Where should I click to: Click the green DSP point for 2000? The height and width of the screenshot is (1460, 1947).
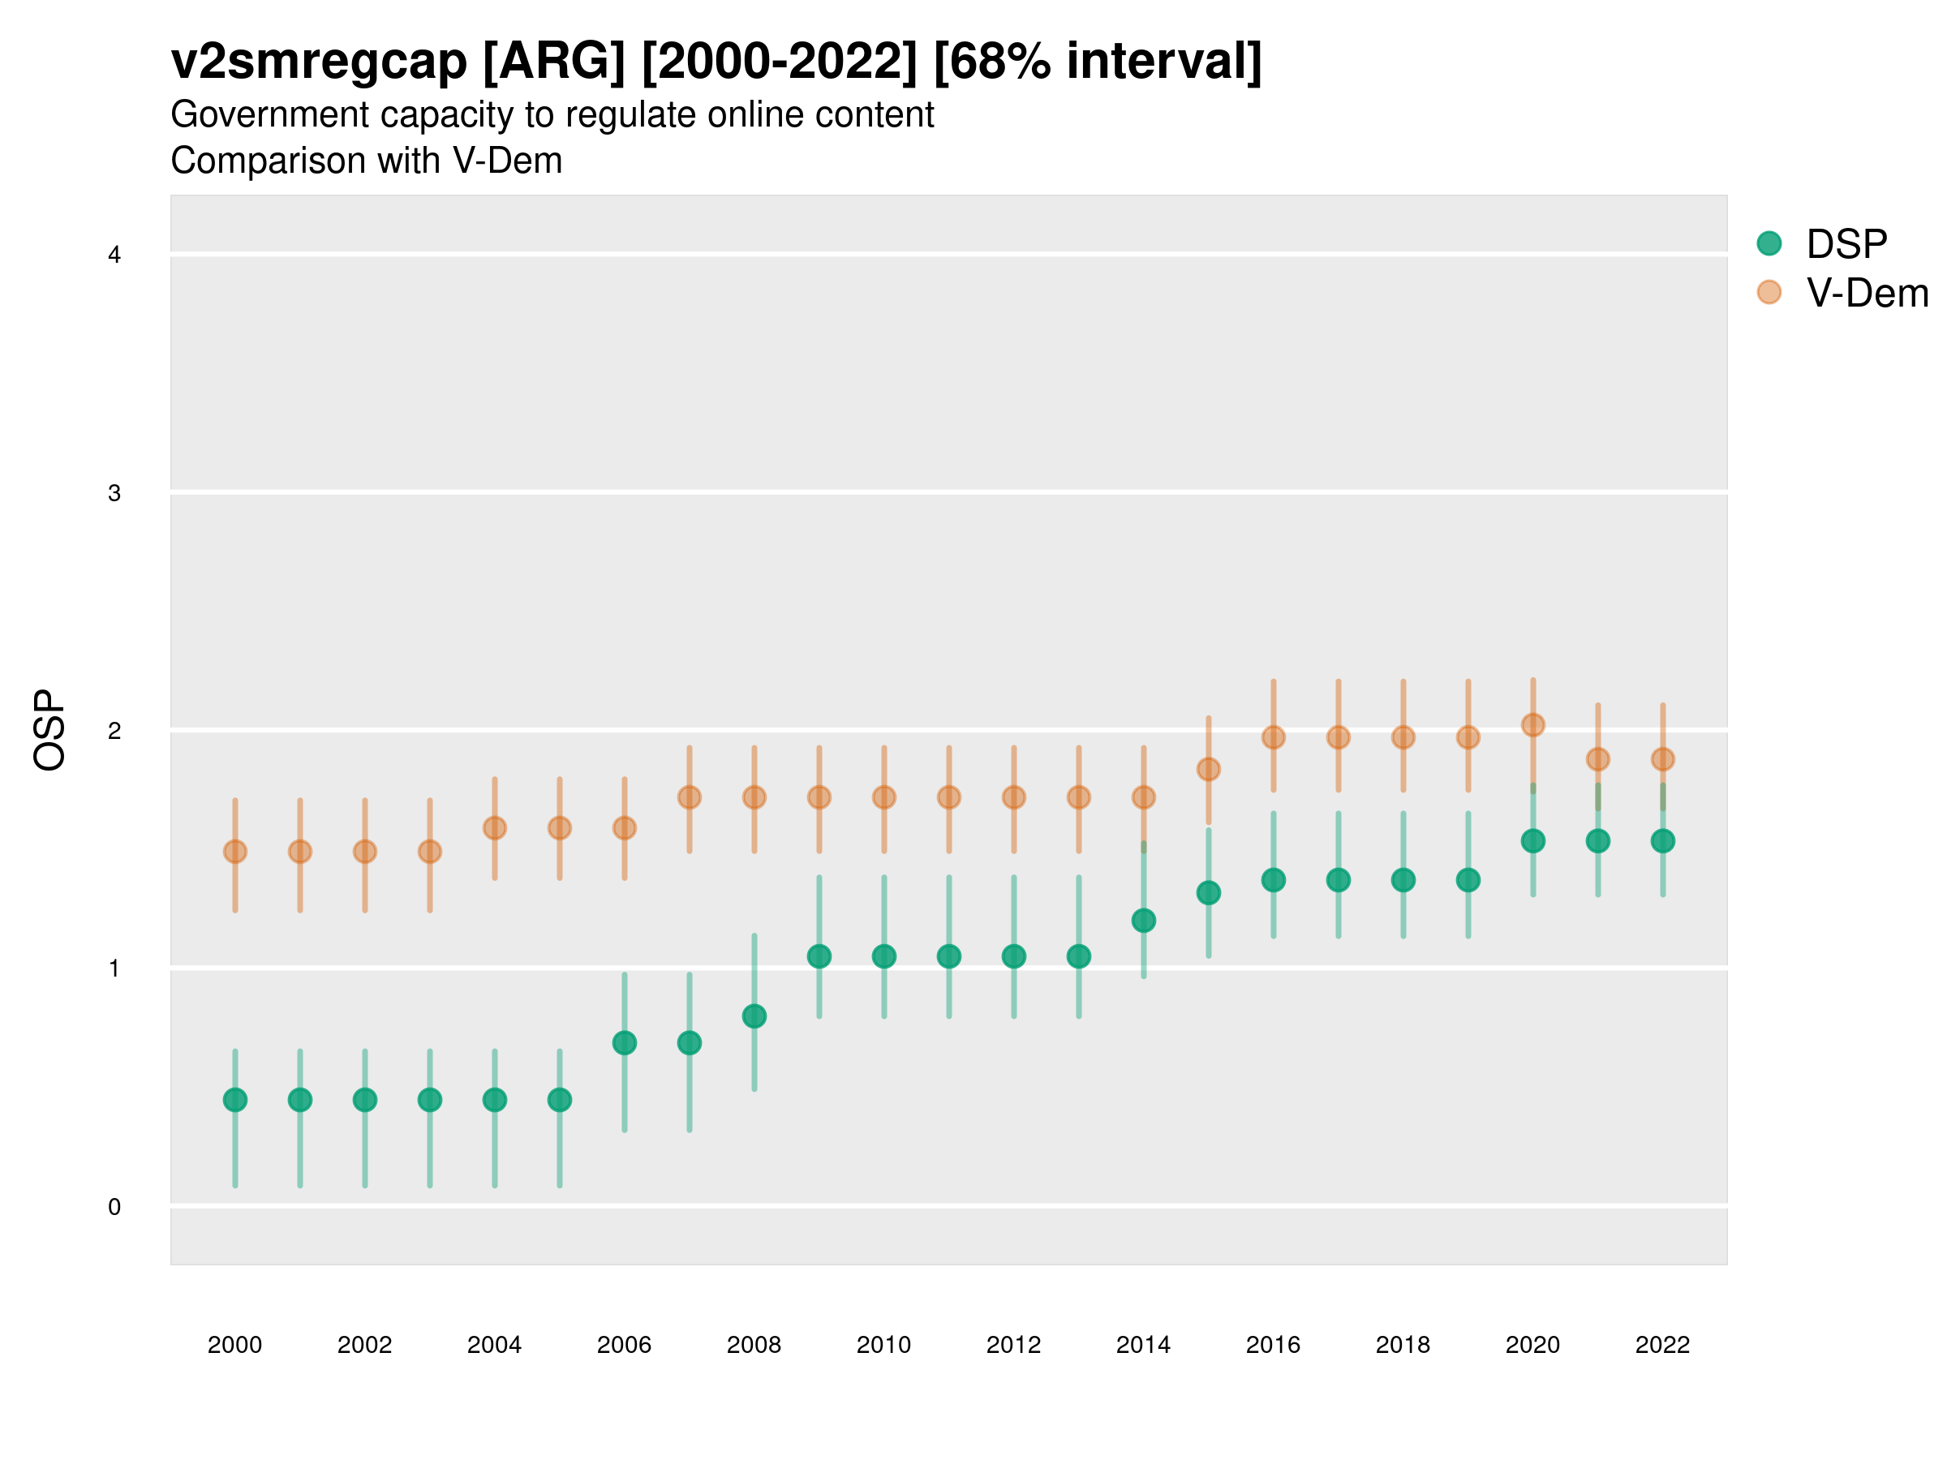[235, 1100]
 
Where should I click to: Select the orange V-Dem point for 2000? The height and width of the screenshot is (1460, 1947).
[235, 852]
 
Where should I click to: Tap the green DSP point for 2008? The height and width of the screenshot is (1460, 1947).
[754, 1016]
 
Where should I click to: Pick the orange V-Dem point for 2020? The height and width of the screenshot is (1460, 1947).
[1533, 725]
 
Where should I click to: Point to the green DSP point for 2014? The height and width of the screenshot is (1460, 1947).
[1143, 921]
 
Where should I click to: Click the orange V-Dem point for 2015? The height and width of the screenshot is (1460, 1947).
[1209, 769]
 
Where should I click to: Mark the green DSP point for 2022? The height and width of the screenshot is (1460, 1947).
[1663, 841]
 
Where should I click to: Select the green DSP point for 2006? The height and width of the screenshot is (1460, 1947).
[624, 1043]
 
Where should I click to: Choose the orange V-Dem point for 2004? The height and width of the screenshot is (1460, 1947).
[495, 828]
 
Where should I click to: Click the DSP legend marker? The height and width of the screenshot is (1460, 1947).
[1769, 244]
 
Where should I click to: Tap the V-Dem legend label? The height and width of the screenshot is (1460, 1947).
[1867, 293]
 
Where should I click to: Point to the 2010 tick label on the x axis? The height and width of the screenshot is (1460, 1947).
[883, 1345]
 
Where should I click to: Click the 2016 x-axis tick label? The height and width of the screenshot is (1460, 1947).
[1273, 1345]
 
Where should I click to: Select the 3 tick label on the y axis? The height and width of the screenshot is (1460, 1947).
[114, 493]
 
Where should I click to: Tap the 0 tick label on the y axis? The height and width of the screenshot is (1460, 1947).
[114, 1207]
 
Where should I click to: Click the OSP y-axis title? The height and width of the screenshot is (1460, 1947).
[50, 731]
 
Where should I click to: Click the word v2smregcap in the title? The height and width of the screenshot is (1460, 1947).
[319, 62]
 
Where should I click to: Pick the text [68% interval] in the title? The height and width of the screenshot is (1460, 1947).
[1098, 62]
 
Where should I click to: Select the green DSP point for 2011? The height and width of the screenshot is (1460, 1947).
[949, 956]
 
